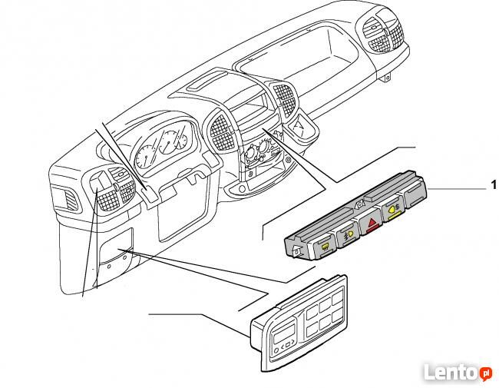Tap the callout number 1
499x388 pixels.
(494, 184)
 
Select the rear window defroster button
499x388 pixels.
(324, 248)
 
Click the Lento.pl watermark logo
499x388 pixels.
(458, 372)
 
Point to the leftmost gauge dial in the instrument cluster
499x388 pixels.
(145, 157)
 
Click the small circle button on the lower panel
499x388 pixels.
(276, 350)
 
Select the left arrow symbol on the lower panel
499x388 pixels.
(283, 347)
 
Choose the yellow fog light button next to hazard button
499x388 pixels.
(394, 211)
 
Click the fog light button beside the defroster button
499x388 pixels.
(348, 237)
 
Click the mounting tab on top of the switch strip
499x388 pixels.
(360, 203)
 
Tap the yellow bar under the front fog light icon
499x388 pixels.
(394, 217)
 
